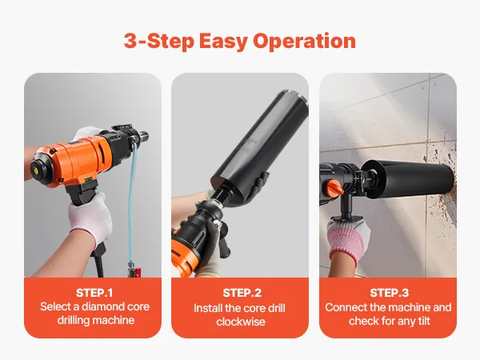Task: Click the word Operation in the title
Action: pos(304,41)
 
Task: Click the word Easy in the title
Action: pos(223,42)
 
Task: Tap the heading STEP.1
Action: pos(94,293)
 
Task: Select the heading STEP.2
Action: pos(242,293)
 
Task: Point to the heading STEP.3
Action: pos(389,293)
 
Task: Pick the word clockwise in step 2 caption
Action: pos(241,322)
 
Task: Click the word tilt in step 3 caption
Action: pos(424,321)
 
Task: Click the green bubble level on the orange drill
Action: pos(34,168)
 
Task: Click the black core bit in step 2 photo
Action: pos(259,145)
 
